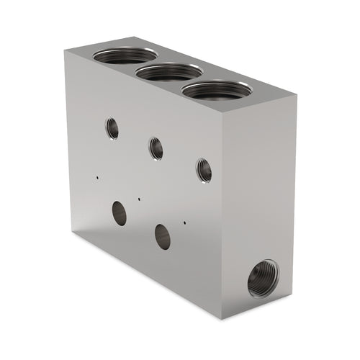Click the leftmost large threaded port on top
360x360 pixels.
click(x=125, y=55)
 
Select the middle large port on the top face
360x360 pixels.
click(x=169, y=71)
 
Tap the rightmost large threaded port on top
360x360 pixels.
click(x=216, y=89)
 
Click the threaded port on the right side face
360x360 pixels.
click(x=262, y=279)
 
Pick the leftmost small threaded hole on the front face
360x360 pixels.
click(x=112, y=128)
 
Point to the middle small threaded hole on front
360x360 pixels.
click(x=156, y=148)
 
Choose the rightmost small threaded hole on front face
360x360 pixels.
click(x=204, y=170)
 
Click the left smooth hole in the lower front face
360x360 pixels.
click(x=120, y=213)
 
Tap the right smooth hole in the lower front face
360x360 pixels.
click(x=163, y=236)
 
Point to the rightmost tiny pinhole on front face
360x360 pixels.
click(x=185, y=222)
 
